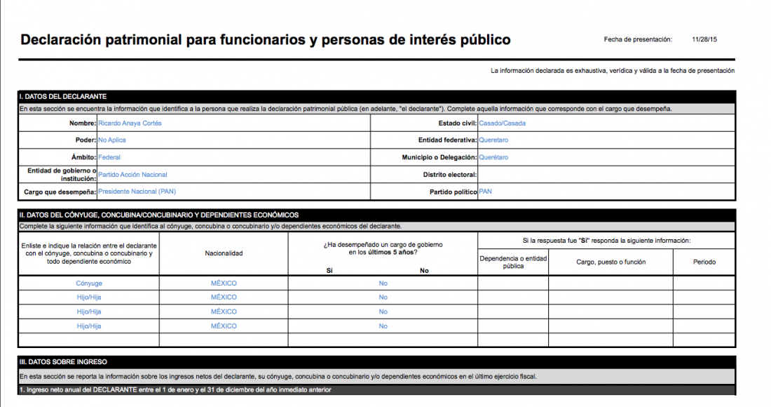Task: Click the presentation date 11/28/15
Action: pyautogui.click(x=704, y=39)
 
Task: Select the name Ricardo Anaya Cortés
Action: pyautogui.click(x=130, y=123)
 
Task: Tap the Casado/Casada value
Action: pyautogui.click(x=502, y=123)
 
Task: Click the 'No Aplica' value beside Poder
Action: pyautogui.click(x=112, y=140)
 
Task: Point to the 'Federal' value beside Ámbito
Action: pyautogui.click(x=109, y=157)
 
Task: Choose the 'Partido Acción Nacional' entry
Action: pyautogui.click(x=132, y=174)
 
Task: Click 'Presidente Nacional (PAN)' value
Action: pyautogui.click(x=137, y=191)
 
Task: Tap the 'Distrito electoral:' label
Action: pyautogui.click(x=450, y=174)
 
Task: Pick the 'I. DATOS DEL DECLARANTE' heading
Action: pyautogui.click(x=63, y=96)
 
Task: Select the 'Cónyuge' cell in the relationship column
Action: pyautogui.click(x=89, y=283)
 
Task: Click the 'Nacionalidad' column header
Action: pyautogui.click(x=224, y=253)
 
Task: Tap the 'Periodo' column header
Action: pyautogui.click(x=704, y=262)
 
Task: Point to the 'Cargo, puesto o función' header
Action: pyautogui.click(x=610, y=262)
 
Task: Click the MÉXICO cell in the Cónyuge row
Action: pyautogui.click(x=224, y=283)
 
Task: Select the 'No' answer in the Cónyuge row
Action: pyautogui.click(x=383, y=283)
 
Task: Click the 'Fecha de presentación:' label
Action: pyautogui.click(x=638, y=39)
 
